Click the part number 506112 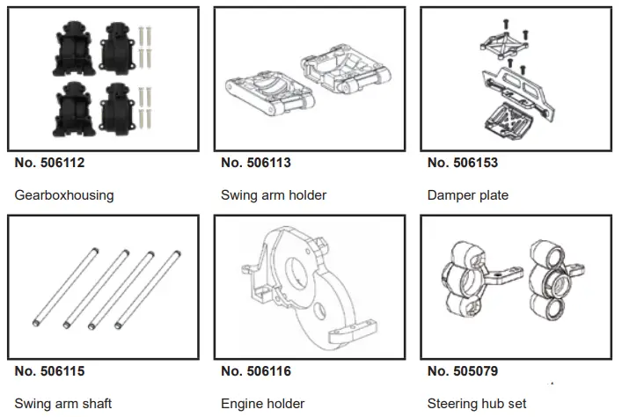pos(50,163)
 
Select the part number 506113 pos(256,163)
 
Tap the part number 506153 pos(463,163)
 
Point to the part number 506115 pos(50,372)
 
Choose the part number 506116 pos(256,372)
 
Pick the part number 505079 pos(463,372)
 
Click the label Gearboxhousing pos(64,195)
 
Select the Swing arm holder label pos(274,195)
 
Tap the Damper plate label pos(468,195)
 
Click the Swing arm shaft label pos(63,404)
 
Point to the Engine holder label pos(263,404)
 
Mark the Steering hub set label pos(477,404)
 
